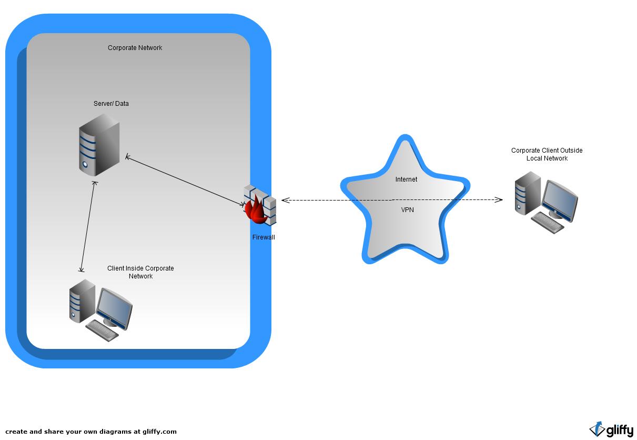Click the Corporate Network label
click(x=135, y=48)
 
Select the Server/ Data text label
click(x=111, y=104)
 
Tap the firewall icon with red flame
click(x=259, y=205)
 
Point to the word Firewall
click(x=264, y=237)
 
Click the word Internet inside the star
click(x=406, y=179)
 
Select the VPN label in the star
click(x=407, y=209)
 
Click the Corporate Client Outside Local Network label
click(x=547, y=154)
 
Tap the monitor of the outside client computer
click(x=560, y=198)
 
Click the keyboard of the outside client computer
click(x=548, y=223)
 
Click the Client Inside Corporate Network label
click(x=140, y=272)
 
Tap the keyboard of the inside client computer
click(x=103, y=331)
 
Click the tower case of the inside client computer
click(x=82, y=301)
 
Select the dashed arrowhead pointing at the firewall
click(x=285, y=200)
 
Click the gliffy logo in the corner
click(x=611, y=429)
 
